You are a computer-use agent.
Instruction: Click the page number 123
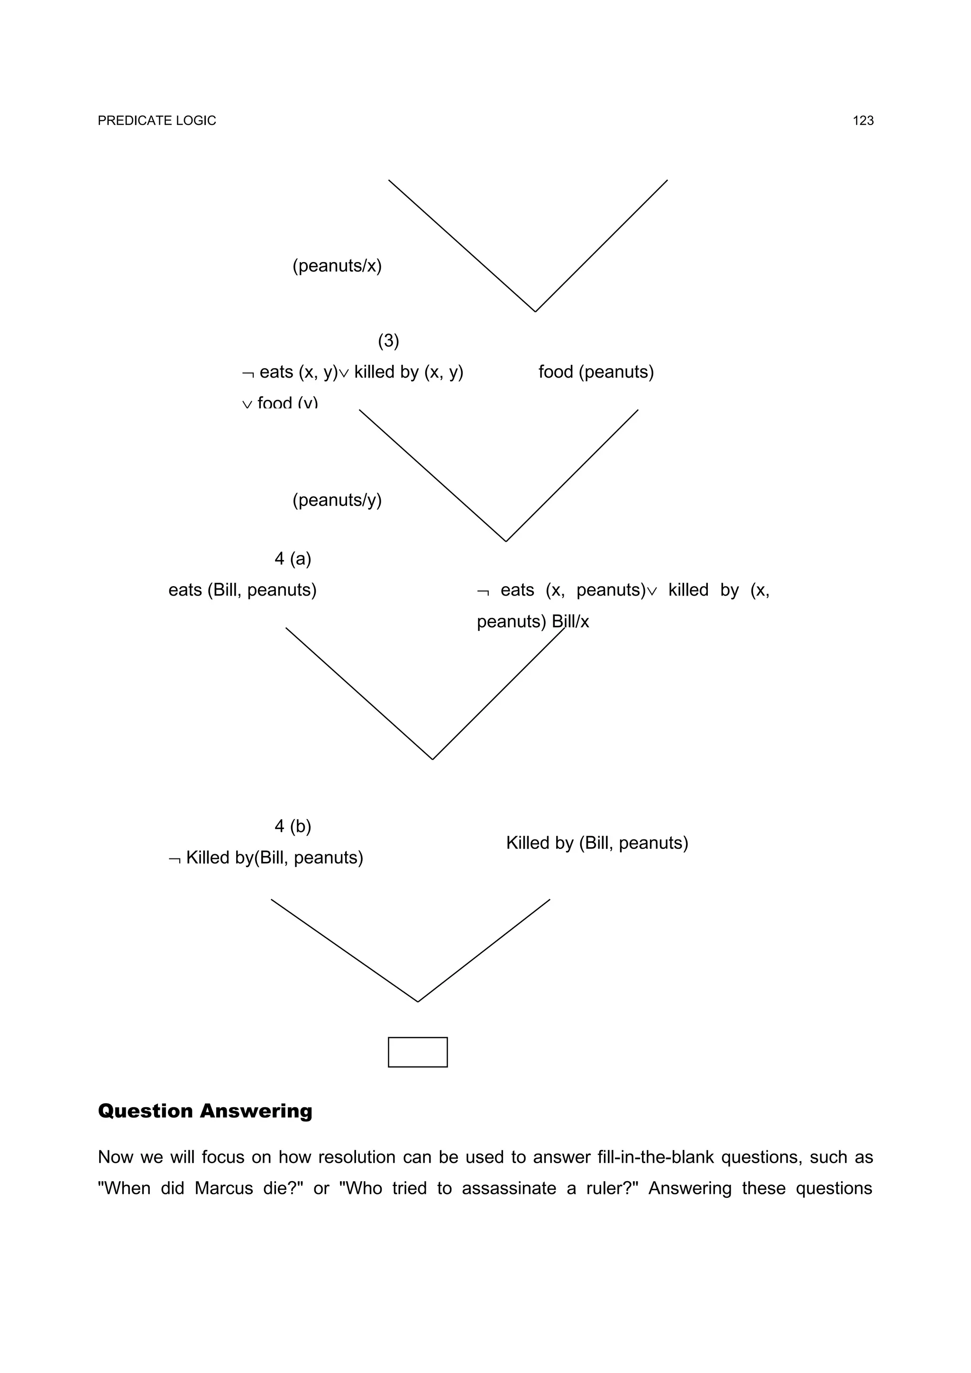(863, 121)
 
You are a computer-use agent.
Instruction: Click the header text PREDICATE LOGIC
(157, 121)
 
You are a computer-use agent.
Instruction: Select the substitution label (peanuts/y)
(337, 500)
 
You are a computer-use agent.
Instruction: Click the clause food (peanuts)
(596, 372)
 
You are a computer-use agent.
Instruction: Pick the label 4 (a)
(293, 559)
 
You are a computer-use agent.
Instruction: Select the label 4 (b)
(293, 826)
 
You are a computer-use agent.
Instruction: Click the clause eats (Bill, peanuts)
(242, 590)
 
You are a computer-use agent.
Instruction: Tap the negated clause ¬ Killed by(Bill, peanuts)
(266, 858)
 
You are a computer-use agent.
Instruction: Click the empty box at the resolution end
(418, 1052)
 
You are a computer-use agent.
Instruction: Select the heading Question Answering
(205, 1111)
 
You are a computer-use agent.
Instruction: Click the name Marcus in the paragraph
(224, 1188)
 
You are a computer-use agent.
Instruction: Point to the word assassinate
(509, 1188)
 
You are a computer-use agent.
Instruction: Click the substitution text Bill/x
(571, 622)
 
